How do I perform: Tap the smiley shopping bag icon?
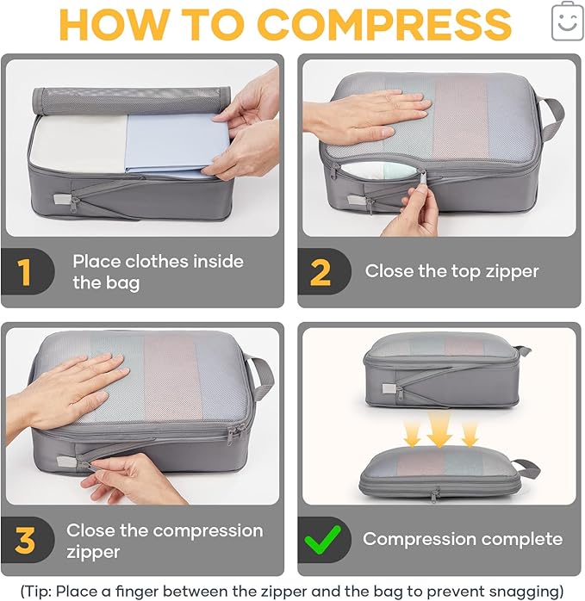[566, 22]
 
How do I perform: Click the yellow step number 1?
[24, 272]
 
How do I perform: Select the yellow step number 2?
[320, 272]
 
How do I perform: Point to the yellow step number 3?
[25, 541]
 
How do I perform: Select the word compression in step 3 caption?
[206, 530]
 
